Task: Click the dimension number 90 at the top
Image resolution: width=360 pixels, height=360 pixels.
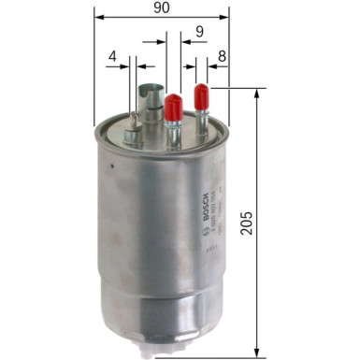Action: coord(162,7)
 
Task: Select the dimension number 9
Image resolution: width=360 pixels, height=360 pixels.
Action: coord(199,32)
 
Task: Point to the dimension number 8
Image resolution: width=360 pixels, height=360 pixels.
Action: coord(221,56)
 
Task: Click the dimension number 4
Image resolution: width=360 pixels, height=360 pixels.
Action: coord(112,56)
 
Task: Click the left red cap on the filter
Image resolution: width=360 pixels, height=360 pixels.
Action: coord(173,107)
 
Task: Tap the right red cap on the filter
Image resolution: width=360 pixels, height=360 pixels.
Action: coord(200,96)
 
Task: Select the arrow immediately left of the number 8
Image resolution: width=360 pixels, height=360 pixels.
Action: coord(208,66)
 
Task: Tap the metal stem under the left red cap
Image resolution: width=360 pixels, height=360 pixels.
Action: coord(173,130)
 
